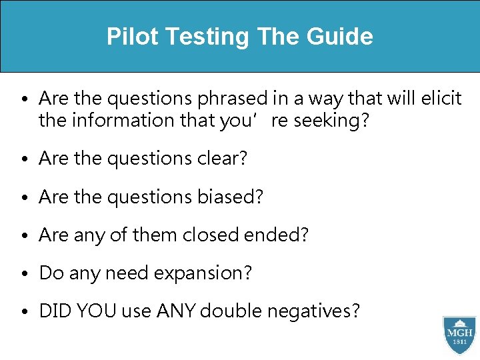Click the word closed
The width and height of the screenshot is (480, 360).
219,235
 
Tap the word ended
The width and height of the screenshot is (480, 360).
283,235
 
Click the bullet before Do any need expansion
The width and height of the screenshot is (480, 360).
23,274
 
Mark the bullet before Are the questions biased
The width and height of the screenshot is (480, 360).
23,198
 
